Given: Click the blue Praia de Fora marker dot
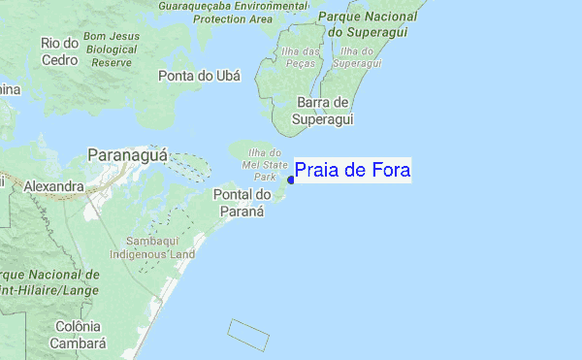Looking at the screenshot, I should pos(291,179).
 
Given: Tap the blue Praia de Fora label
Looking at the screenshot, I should pos(352,172).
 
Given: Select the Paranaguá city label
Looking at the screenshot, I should pos(128,155).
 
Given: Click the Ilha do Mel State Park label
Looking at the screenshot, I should pos(265,165).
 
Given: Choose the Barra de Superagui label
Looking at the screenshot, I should pos(322,111).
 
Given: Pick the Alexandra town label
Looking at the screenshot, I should pos(54,184).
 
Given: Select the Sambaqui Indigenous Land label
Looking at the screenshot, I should pos(160,246).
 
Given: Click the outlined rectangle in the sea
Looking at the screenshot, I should pos(247,335).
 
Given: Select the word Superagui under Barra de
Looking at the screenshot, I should pos(322,119).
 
